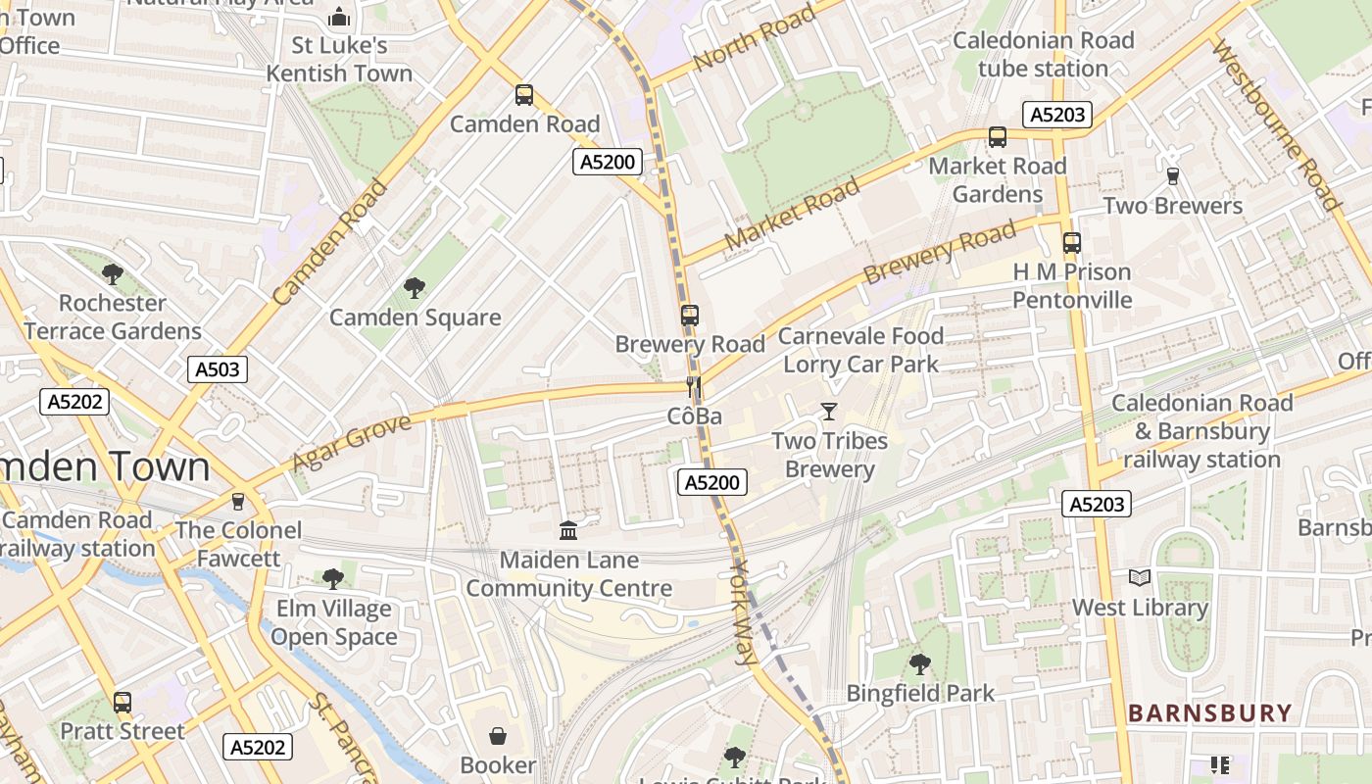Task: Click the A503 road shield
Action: point(217,369)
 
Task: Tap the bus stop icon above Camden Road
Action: point(524,95)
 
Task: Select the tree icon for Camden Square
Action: point(415,288)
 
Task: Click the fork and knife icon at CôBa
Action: point(694,387)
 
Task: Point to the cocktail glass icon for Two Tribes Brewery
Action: point(829,412)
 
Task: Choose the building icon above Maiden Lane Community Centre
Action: point(567,531)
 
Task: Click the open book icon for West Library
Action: point(1139,578)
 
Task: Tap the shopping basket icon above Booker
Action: point(498,736)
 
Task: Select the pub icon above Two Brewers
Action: point(1172,176)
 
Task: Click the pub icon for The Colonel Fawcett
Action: point(237,502)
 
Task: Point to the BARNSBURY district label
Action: point(1209,713)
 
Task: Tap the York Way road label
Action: point(744,612)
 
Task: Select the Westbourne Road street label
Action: point(1275,123)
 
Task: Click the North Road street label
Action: point(754,38)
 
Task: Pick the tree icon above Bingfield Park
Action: point(919,664)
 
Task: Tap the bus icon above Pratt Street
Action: point(122,703)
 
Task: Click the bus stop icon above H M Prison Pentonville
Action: point(1072,243)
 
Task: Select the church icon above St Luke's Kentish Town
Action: point(339,17)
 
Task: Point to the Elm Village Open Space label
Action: point(333,623)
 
